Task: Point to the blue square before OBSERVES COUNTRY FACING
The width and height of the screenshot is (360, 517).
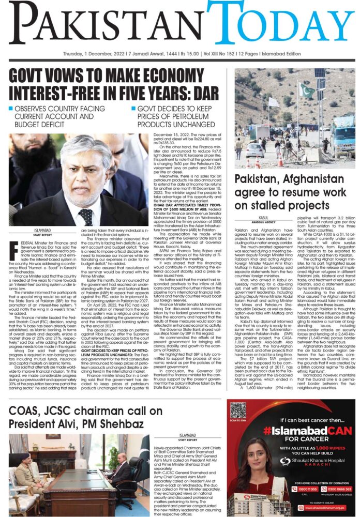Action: click(x=11, y=109)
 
